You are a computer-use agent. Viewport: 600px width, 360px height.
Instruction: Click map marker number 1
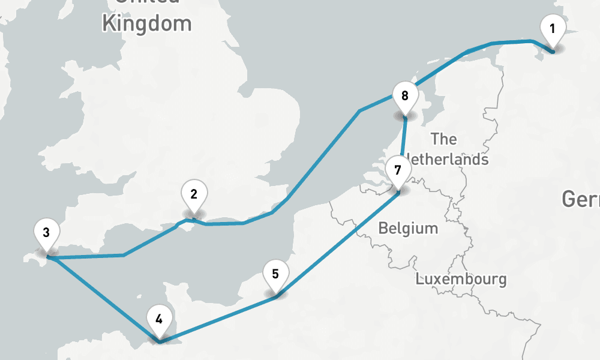click(x=553, y=29)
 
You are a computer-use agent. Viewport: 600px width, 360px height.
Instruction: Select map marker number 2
click(x=194, y=194)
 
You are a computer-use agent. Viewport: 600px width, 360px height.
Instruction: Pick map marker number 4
click(x=158, y=319)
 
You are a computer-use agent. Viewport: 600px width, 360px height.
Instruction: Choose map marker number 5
click(x=275, y=274)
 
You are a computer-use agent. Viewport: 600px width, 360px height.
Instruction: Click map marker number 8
click(x=404, y=95)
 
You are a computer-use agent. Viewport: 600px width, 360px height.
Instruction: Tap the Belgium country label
click(x=408, y=229)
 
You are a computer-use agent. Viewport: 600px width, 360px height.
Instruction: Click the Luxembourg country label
click(x=461, y=279)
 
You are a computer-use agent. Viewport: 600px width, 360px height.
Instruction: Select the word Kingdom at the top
click(x=146, y=24)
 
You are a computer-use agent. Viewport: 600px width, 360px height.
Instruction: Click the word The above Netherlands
click(x=444, y=139)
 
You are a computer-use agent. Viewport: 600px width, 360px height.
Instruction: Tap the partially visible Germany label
click(x=580, y=199)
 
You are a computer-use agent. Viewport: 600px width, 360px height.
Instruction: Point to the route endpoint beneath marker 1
click(x=553, y=52)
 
